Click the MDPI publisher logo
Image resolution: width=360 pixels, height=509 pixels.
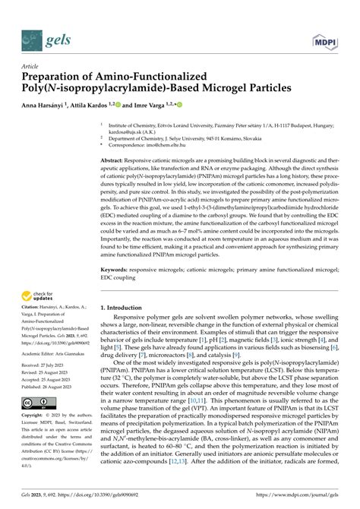click(x=327, y=36)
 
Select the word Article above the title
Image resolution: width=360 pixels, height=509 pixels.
click(x=34, y=65)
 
